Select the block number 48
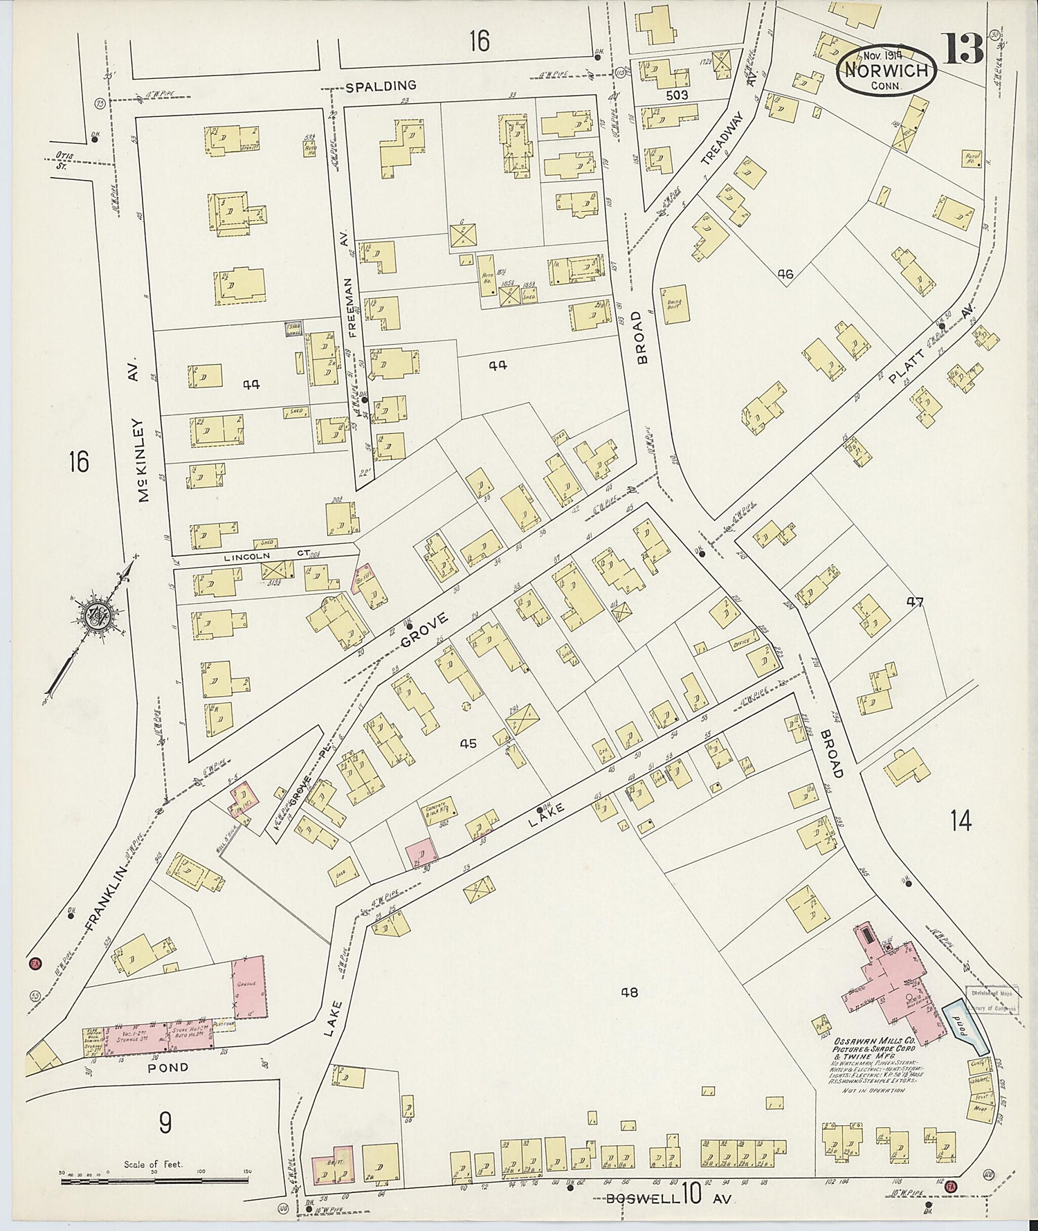tap(628, 992)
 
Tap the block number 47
tap(916, 602)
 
